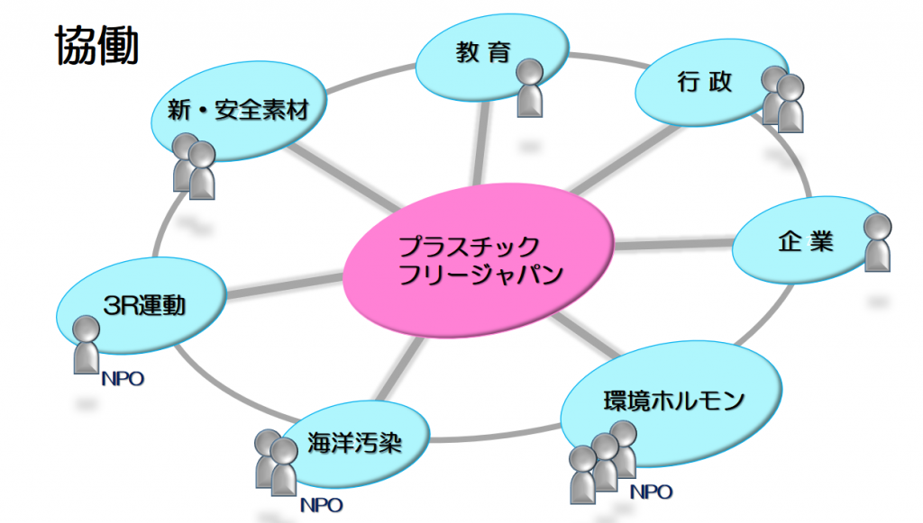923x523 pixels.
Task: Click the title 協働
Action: (x=97, y=45)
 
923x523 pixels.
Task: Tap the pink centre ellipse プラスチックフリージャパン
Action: (x=478, y=260)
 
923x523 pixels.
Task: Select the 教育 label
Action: (x=483, y=52)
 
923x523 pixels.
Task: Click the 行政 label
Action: (x=704, y=82)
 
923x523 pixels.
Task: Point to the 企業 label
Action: (x=806, y=241)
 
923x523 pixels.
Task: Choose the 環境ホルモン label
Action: (x=673, y=401)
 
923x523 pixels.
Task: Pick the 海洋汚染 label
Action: (x=354, y=443)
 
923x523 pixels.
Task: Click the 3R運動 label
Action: (x=144, y=305)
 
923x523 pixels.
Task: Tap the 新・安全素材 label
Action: (x=238, y=110)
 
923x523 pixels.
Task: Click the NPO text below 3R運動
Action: (x=123, y=379)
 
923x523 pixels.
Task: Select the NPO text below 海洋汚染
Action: (x=322, y=505)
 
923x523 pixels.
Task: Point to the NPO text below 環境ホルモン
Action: (x=651, y=491)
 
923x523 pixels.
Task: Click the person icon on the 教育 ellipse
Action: (x=530, y=88)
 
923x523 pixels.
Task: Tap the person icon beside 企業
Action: (x=878, y=242)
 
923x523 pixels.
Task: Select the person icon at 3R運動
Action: (x=87, y=345)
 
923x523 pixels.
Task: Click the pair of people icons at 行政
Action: (x=782, y=99)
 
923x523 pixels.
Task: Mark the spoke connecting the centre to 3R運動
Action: (x=285, y=285)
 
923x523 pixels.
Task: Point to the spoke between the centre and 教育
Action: (x=481, y=143)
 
